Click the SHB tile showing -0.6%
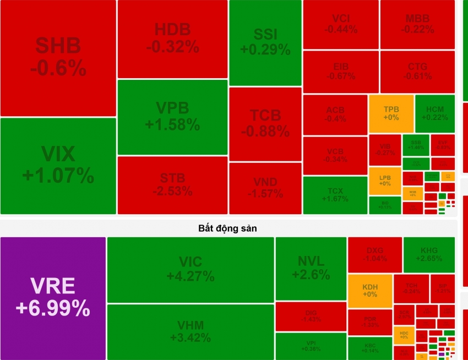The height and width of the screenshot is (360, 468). tap(58, 58)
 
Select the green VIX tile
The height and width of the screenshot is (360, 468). tap(58, 166)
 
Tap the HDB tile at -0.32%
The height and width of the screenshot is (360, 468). tap(172, 39)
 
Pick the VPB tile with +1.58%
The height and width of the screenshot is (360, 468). tap(172, 117)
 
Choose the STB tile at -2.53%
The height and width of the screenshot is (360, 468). tap(172, 185)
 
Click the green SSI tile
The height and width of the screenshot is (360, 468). tap(265, 42)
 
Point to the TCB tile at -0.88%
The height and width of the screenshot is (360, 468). tap(265, 124)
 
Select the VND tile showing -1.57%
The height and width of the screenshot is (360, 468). tap(265, 188)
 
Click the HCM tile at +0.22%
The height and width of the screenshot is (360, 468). tap(434, 113)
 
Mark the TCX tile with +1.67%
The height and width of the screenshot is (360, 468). tap(335, 195)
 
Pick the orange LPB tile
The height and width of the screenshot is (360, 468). tap(385, 181)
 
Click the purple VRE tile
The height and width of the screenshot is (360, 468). tap(53, 298)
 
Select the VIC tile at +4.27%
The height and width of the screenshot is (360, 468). tap(191, 269)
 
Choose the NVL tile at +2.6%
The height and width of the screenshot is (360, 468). tap(311, 268)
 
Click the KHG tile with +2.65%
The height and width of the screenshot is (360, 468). tap(429, 254)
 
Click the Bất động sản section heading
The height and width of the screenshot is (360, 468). tap(228, 227)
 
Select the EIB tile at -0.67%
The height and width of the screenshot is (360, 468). tap(340, 72)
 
